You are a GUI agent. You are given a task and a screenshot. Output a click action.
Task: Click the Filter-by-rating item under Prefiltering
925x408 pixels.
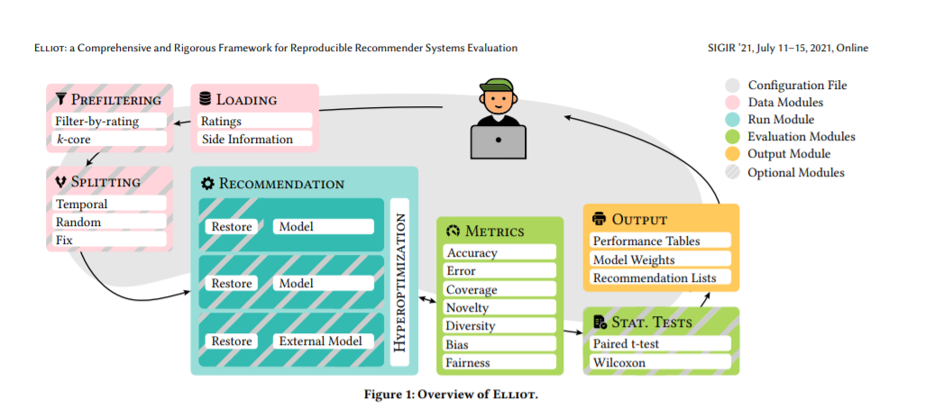[x=106, y=121]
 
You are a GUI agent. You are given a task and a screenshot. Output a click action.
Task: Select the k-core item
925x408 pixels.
[x=106, y=140]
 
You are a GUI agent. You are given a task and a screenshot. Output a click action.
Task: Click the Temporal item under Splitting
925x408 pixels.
[x=106, y=204]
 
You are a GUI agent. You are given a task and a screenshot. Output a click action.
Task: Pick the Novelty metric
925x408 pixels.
[x=498, y=308]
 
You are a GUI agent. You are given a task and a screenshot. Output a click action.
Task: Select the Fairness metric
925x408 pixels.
[x=498, y=363]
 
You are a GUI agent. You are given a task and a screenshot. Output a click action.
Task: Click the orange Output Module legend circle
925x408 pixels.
[x=732, y=154]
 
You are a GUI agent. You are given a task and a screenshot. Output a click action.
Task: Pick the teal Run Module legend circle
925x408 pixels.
[x=732, y=120]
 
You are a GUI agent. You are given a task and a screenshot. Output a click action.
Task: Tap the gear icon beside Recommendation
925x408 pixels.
[x=207, y=184]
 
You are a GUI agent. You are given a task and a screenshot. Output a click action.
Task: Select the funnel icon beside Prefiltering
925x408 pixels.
[x=60, y=99]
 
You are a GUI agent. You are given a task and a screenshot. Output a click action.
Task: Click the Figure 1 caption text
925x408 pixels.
[x=462, y=394]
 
